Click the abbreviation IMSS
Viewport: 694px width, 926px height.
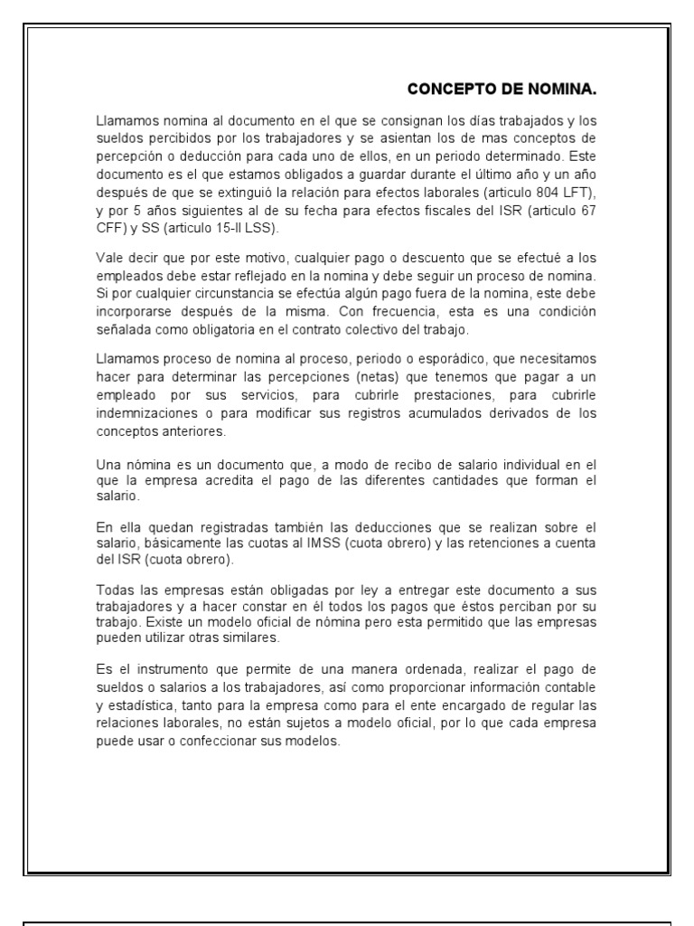pos(331,540)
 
